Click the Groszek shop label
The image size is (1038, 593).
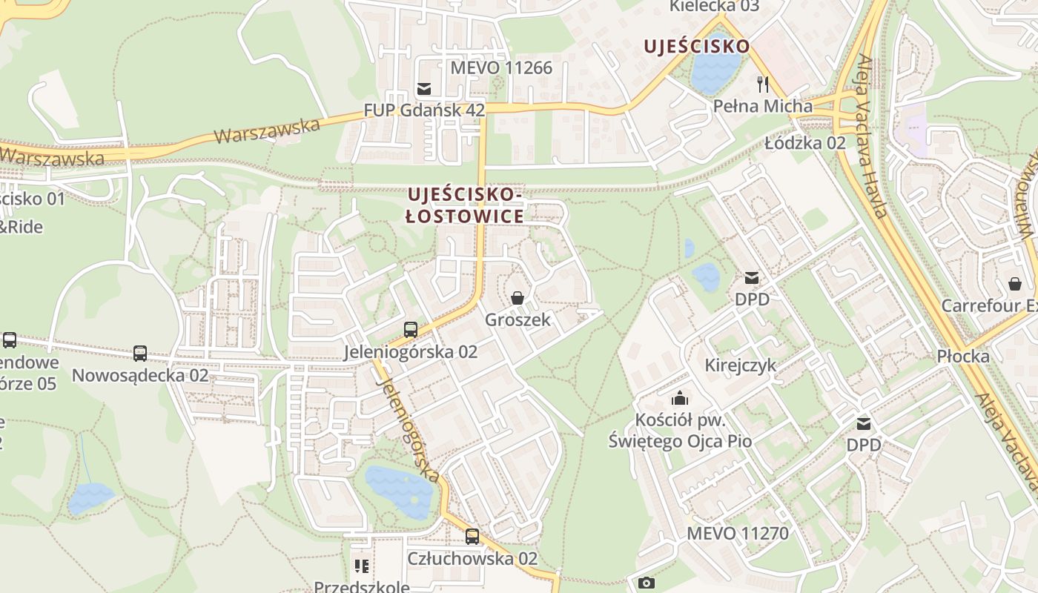pyautogui.click(x=518, y=320)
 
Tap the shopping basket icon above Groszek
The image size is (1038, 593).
pyautogui.click(x=518, y=298)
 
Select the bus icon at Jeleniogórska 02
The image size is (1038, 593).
pyautogui.click(x=411, y=330)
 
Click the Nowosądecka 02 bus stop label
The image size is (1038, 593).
pyautogui.click(x=140, y=375)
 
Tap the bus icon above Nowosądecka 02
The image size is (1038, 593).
pyautogui.click(x=140, y=354)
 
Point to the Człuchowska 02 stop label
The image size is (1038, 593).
pyautogui.click(x=472, y=558)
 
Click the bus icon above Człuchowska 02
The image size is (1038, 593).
pyautogui.click(x=472, y=536)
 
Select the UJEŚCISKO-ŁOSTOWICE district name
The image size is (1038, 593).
pyautogui.click(x=465, y=205)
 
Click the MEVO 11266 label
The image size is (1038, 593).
pyautogui.click(x=502, y=68)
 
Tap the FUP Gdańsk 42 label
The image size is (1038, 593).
pyautogui.click(x=424, y=110)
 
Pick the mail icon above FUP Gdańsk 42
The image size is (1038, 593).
pyautogui.click(x=424, y=90)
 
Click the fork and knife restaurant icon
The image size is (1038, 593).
pyautogui.click(x=763, y=83)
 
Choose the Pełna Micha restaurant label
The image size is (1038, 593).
pyautogui.click(x=763, y=106)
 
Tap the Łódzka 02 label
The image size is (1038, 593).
pyautogui.click(x=805, y=142)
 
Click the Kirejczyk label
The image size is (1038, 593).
pyautogui.click(x=741, y=365)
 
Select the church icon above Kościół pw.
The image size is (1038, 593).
pyautogui.click(x=679, y=398)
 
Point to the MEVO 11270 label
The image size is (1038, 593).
pyautogui.click(x=738, y=533)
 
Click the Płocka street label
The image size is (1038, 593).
pyautogui.click(x=963, y=357)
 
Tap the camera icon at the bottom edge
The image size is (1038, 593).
pyautogui.click(x=647, y=583)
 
